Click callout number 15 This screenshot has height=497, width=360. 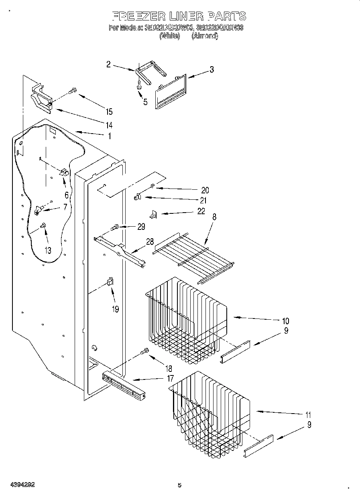108,112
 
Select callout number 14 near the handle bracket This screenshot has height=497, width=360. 108,124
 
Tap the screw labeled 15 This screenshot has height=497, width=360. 73,91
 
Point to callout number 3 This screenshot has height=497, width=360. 211,70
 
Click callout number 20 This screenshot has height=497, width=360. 205,190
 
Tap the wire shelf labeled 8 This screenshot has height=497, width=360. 193,257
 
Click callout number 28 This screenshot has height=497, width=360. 150,241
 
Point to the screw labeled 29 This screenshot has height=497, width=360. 114,228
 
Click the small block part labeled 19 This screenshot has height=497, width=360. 110,282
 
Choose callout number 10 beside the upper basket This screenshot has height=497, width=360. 285,321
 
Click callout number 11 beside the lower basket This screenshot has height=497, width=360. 308,415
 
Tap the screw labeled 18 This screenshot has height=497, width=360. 144,352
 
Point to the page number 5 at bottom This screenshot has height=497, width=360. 179,485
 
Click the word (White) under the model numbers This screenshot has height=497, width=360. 169,36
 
